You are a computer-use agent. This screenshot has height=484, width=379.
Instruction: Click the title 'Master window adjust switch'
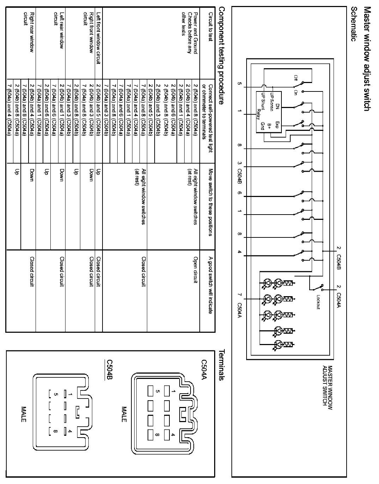pyautogui.click(x=367, y=58)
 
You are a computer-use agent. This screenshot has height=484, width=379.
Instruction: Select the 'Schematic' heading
pyautogui.click(x=354, y=24)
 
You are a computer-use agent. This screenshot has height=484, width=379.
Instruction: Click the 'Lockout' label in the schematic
pyautogui.click(x=318, y=301)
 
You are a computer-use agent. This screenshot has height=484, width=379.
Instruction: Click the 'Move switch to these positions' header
pyautogui.click(x=210, y=204)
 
